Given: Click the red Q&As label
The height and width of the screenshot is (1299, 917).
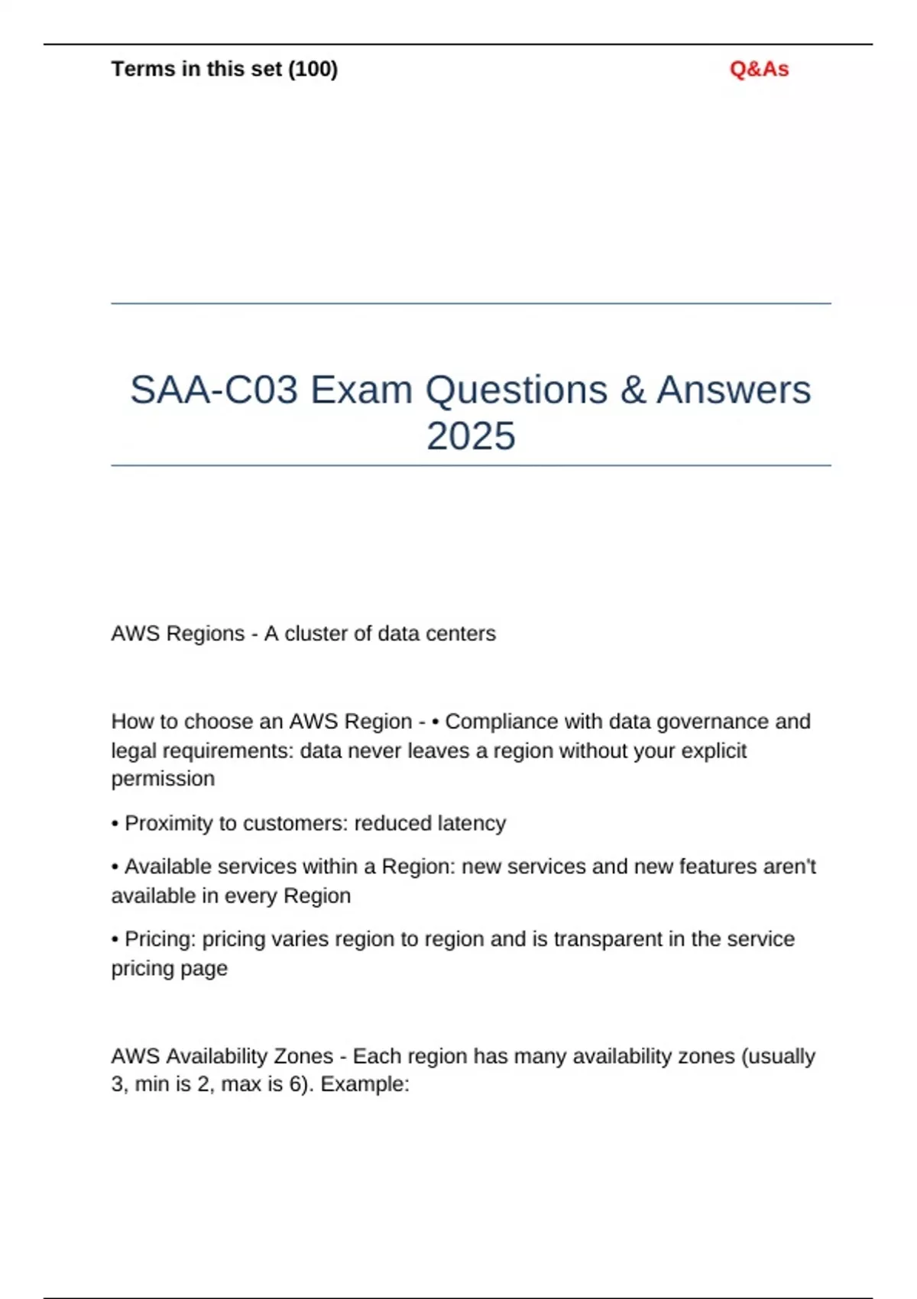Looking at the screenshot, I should click(759, 70).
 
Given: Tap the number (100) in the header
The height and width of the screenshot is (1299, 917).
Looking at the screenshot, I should click(313, 70).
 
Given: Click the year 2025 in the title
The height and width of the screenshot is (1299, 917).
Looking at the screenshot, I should click(471, 436).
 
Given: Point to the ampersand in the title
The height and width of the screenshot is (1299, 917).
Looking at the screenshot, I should click(633, 390).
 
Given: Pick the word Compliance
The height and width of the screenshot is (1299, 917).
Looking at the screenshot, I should click(501, 721).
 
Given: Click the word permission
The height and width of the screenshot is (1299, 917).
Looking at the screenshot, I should click(163, 779).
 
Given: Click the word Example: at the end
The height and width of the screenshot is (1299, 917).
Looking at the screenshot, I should click(365, 1084).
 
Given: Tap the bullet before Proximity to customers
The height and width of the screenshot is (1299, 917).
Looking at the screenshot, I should click(115, 824).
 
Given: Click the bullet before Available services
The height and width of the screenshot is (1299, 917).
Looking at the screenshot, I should click(115, 867).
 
